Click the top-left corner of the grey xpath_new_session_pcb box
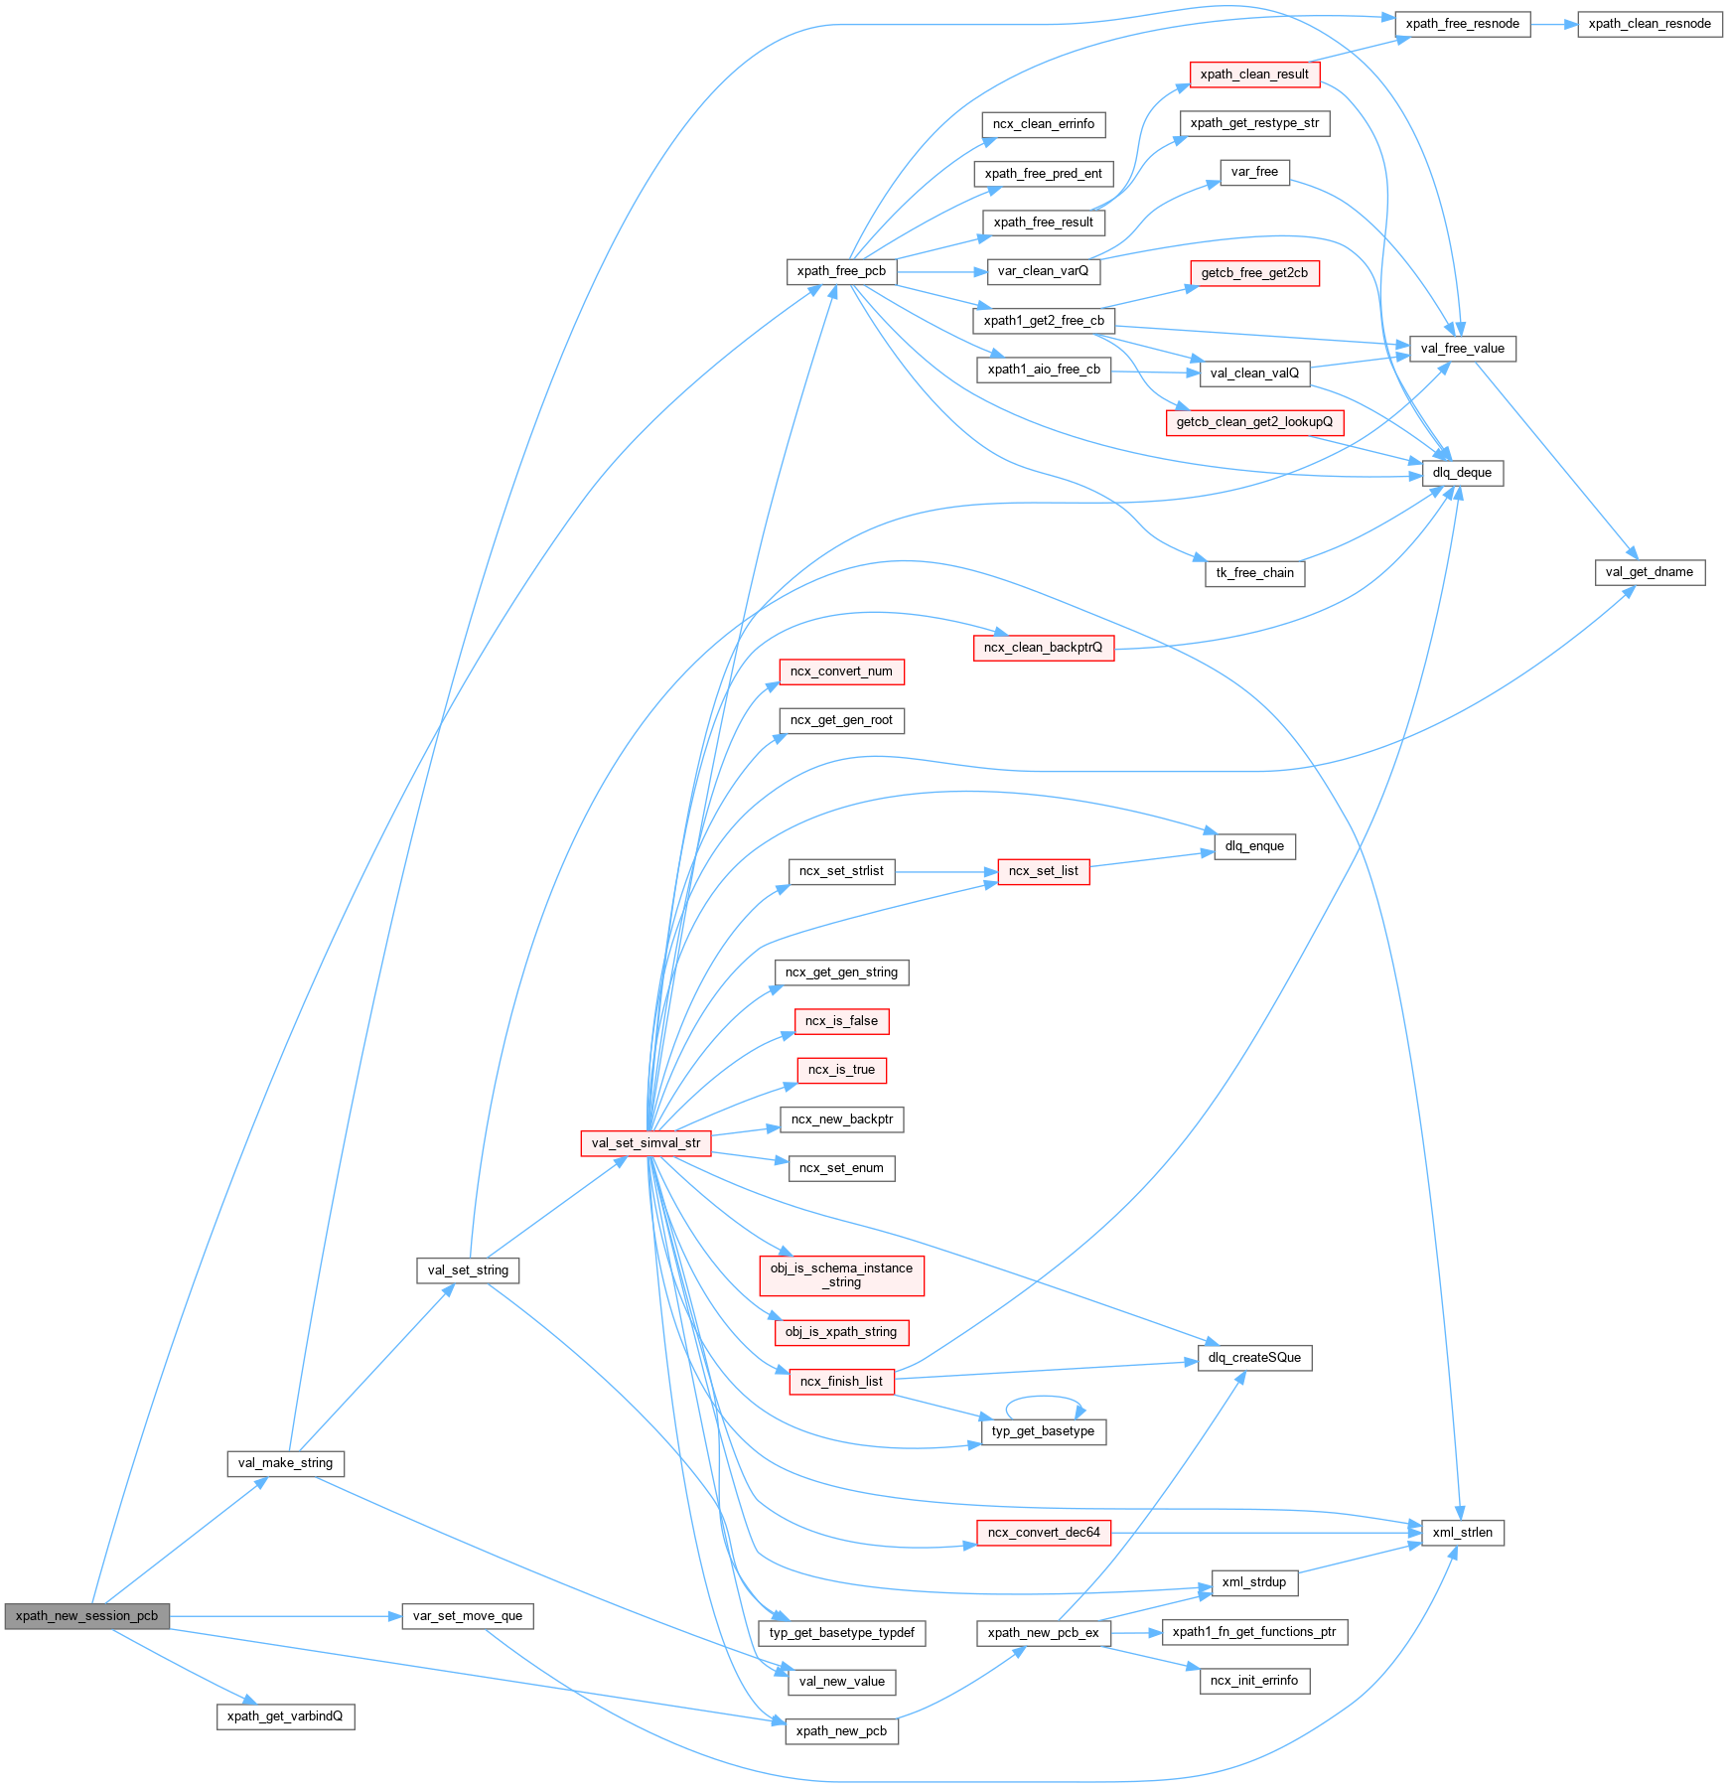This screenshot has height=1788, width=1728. tap(5, 1603)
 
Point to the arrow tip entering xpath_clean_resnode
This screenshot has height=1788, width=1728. tap(1578, 24)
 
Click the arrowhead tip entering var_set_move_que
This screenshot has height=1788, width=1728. tap(402, 1616)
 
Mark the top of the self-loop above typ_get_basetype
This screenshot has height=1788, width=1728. tap(1043, 1395)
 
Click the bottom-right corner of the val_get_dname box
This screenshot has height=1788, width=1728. tap(1705, 585)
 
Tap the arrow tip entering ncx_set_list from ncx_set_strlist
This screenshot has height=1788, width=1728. tap(998, 872)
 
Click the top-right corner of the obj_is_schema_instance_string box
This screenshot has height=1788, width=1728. tap(924, 1256)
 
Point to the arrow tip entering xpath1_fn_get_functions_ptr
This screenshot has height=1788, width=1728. tap(1162, 1632)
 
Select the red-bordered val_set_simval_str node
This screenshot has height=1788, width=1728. tap(646, 1143)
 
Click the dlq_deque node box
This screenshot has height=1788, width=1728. tap(1463, 473)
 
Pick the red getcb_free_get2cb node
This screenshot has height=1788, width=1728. tap(1254, 273)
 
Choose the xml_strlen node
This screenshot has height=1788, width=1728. tap(1463, 1533)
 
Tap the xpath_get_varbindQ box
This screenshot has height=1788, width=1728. tap(285, 1716)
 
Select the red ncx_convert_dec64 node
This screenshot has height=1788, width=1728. tap(1044, 1533)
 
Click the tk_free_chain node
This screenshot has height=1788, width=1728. tap(1255, 573)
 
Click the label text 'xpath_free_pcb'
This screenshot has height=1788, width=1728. tap(841, 271)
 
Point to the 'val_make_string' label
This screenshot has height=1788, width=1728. tap(286, 1463)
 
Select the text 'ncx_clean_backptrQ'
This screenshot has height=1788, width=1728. tap(1044, 648)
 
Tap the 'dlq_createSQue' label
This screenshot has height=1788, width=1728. tap(1254, 1358)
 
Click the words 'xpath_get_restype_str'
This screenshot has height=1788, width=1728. tap(1255, 123)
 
